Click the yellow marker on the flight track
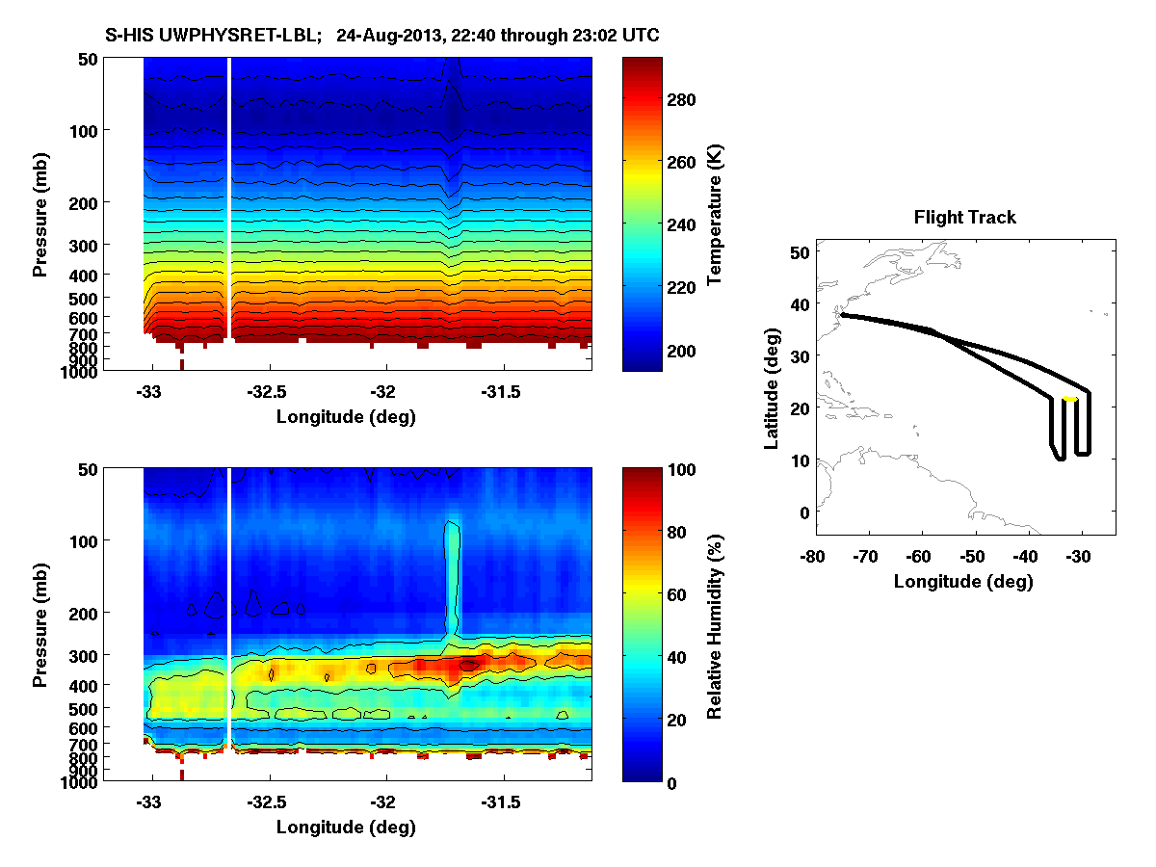1069,399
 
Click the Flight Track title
964,218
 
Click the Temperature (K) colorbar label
715,214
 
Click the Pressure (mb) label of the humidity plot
40,625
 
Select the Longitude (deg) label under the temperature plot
346,416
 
